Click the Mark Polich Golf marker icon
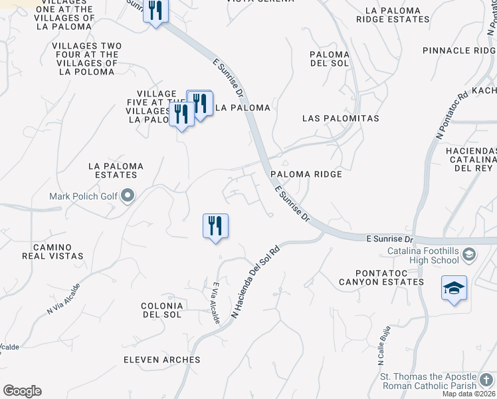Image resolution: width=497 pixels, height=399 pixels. [x=129, y=196]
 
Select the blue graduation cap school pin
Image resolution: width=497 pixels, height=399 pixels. [x=454, y=288]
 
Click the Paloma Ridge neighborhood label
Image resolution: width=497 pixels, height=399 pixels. [x=306, y=174]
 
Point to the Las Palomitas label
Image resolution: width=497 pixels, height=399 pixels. [x=340, y=118]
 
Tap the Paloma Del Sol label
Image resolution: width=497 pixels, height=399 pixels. [x=330, y=59]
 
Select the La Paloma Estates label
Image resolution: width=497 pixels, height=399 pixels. [x=112, y=170]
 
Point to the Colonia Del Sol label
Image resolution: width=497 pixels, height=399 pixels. [x=161, y=310]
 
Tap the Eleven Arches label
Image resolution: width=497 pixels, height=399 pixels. [x=161, y=360]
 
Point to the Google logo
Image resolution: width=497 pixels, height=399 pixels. [x=22, y=391]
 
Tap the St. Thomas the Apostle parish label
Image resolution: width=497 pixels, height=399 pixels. [x=428, y=381]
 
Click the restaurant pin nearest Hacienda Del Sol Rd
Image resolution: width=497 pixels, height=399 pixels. [x=215, y=226]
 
